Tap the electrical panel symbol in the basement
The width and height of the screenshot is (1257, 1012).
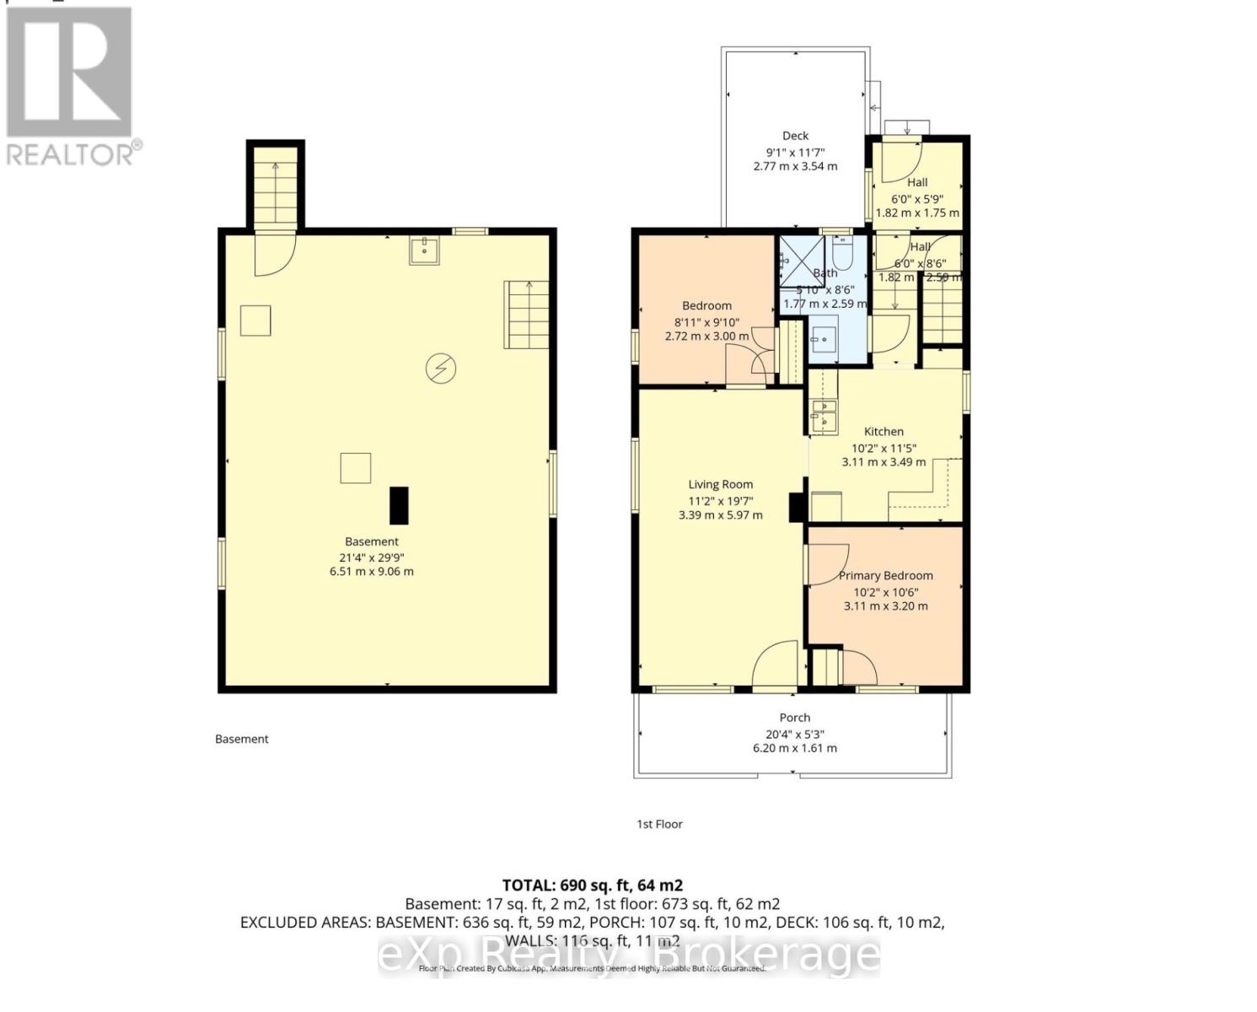[440, 369]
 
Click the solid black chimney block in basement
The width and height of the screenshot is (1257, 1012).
[398, 505]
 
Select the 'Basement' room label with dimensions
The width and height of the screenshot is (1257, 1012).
[371, 557]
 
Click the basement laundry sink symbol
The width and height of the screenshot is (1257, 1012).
[423, 250]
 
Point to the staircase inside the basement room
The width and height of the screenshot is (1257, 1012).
[527, 315]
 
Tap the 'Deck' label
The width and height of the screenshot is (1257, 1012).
[795, 136]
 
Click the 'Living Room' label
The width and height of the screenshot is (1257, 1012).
[720, 484]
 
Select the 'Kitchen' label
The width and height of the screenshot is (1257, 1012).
[884, 431]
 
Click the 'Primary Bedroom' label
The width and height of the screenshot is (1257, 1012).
[885, 576]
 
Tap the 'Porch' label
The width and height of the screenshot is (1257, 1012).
[794, 718]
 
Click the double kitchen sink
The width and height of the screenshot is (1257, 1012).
[822, 414]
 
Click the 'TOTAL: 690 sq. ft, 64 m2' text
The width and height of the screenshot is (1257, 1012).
[592, 885]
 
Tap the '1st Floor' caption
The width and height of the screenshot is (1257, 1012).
[659, 824]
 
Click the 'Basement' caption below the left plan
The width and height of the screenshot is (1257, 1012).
[241, 739]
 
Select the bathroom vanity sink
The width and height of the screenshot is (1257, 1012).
[822, 341]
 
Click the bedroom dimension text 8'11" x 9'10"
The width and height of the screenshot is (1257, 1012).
[706, 321]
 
